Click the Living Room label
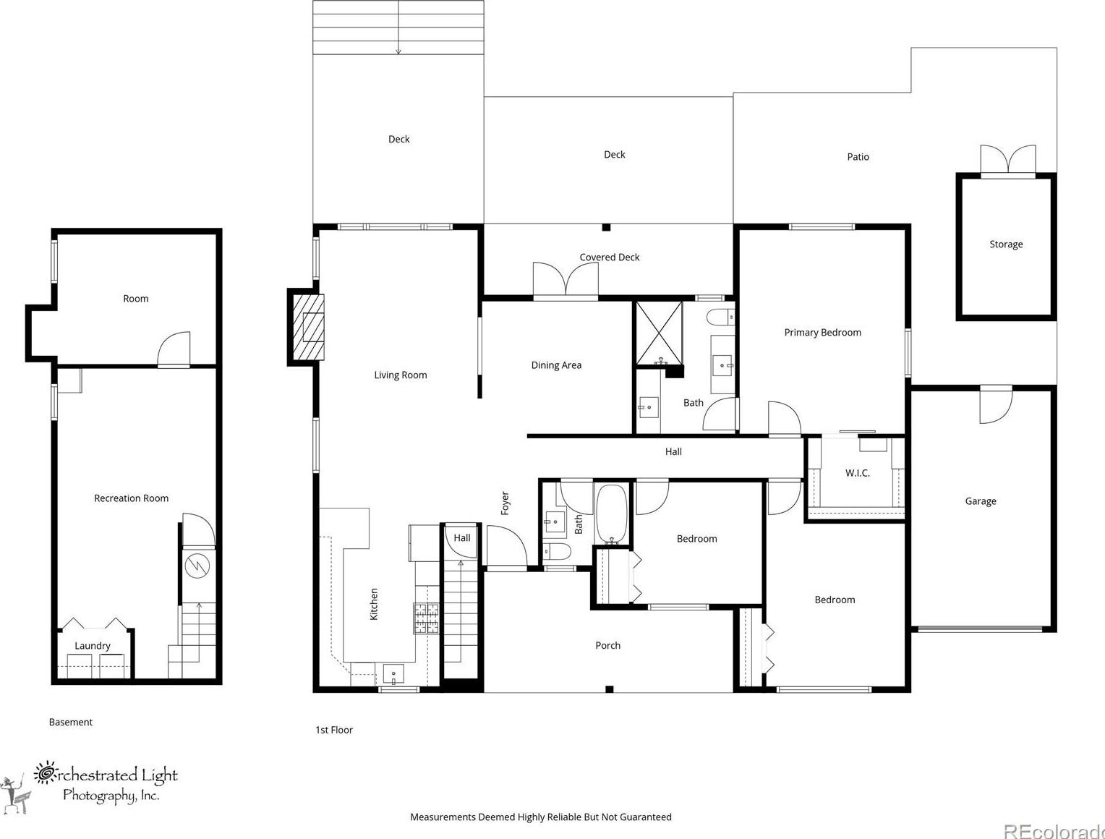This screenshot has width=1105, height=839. (x=400, y=375)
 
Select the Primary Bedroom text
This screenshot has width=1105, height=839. (x=822, y=333)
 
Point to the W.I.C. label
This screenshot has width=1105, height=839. (x=858, y=473)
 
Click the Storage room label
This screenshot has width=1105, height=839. (x=1006, y=244)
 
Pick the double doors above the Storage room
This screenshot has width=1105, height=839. (x=1008, y=159)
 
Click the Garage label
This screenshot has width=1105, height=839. (x=980, y=501)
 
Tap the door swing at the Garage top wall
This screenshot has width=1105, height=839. (x=996, y=404)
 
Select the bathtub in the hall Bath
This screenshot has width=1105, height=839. (x=611, y=514)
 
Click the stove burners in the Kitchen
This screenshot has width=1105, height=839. (x=426, y=618)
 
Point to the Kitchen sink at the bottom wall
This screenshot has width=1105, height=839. (x=393, y=674)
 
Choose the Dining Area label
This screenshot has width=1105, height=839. (x=556, y=365)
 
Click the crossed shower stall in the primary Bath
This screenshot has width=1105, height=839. (x=659, y=333)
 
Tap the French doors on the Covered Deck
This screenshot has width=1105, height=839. (x=566, y=279)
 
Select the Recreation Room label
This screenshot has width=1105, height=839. (x=131, y=498)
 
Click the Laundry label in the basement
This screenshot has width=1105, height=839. (x=92, y=646)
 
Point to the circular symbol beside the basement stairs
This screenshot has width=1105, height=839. (x=197, y=566)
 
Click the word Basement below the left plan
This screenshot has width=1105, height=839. (x=70, y=723)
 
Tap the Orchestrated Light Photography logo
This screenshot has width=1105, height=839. (x=90, y=787)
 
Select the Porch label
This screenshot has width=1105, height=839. (x=607, y=646)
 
